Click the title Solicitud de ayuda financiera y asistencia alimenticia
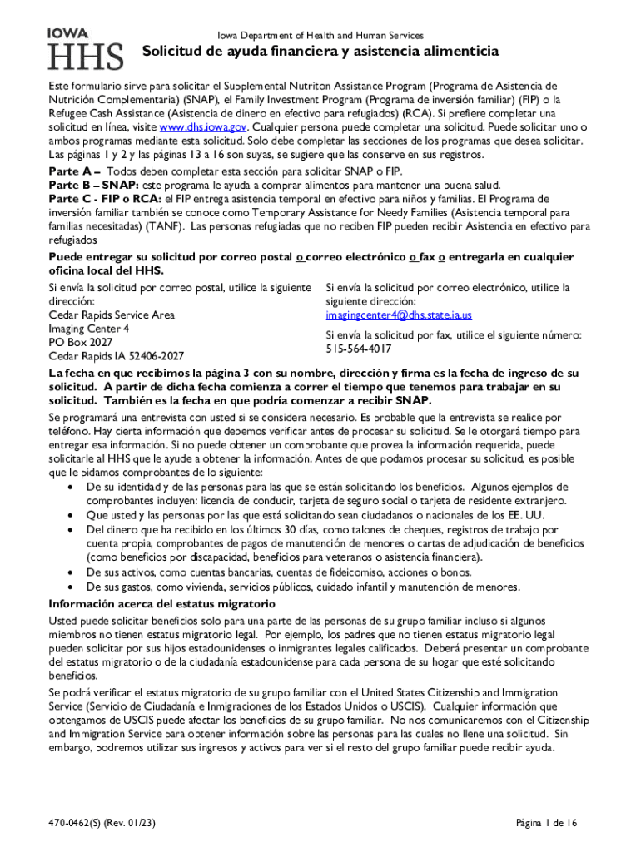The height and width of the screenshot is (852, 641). (320, 52)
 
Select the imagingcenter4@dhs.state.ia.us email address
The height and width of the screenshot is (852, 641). (399, 315)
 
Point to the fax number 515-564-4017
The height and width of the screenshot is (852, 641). (358, 349)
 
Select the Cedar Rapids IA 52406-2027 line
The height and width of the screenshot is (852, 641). (117, 356)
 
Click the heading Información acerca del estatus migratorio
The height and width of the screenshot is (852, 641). (161, 603)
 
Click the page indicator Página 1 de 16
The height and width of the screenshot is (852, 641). (546, 823)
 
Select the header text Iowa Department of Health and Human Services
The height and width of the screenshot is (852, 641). (320, 36)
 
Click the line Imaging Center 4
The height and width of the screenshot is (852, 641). (89, 329)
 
